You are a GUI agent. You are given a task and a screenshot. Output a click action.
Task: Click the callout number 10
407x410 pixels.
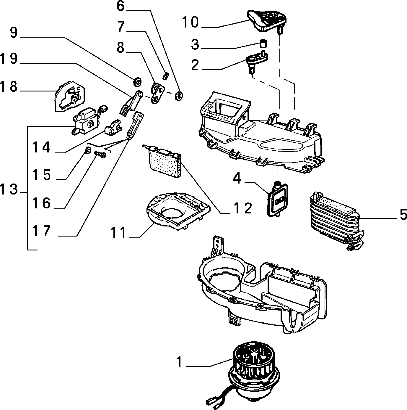pyautogui.click(x=191, y=22)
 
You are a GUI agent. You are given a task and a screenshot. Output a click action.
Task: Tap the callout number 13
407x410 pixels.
pyautogui.click(x=9, y=189)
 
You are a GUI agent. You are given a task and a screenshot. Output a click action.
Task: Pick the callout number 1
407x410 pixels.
pyautogui.click(x=179, y=362)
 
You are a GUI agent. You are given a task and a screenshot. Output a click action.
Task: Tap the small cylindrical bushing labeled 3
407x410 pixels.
pyautogui.click(x=263, y=44)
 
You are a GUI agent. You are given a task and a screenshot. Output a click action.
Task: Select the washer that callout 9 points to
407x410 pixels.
pyautogui.click(x=137, y=82)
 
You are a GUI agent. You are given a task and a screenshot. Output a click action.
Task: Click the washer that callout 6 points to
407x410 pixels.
pyautogui.click(x=179, y=96)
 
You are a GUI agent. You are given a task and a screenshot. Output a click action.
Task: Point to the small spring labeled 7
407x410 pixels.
pyautogui.click(x=166, y=76)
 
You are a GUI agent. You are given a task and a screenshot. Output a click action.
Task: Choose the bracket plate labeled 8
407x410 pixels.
pyautogui.click(x=158, y=93)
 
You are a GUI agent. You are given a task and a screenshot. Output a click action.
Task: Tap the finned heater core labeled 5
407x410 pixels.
pyautogui.click(x=336, y=221)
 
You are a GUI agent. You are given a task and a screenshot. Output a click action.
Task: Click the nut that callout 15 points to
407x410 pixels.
pyautogui.click(x=88, y=150)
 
